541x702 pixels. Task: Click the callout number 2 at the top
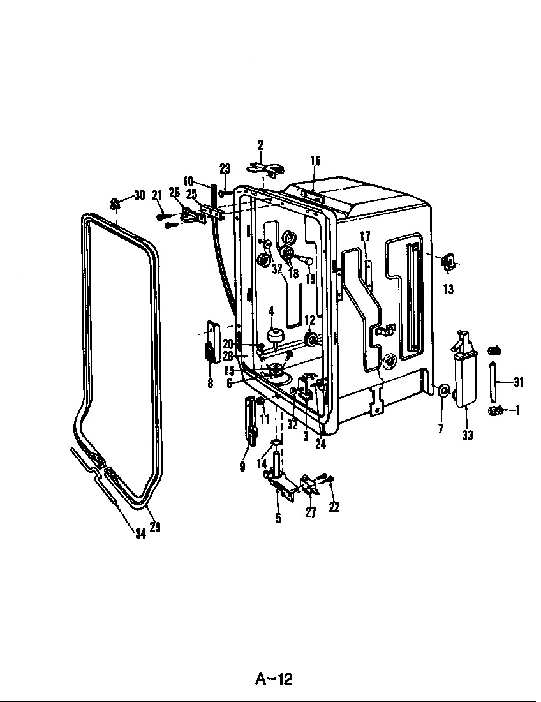(260, 145)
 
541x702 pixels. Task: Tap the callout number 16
(315, 160)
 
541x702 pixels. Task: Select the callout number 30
(140, 195)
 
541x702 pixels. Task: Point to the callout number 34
(141, 534)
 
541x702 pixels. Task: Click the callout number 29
(155, 527)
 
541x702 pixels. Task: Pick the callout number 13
(448, 289)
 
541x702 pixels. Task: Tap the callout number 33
(468, 435)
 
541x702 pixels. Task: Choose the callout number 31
(519, 382)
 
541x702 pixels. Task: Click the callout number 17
(366, 236)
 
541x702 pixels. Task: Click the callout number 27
(311, 512)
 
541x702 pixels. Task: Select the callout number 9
(242, 467)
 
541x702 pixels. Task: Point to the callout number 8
(211, 384)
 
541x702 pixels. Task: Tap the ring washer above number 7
(443, 390)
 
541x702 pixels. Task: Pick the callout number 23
(225, 168)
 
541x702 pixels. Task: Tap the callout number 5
(278, 518)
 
